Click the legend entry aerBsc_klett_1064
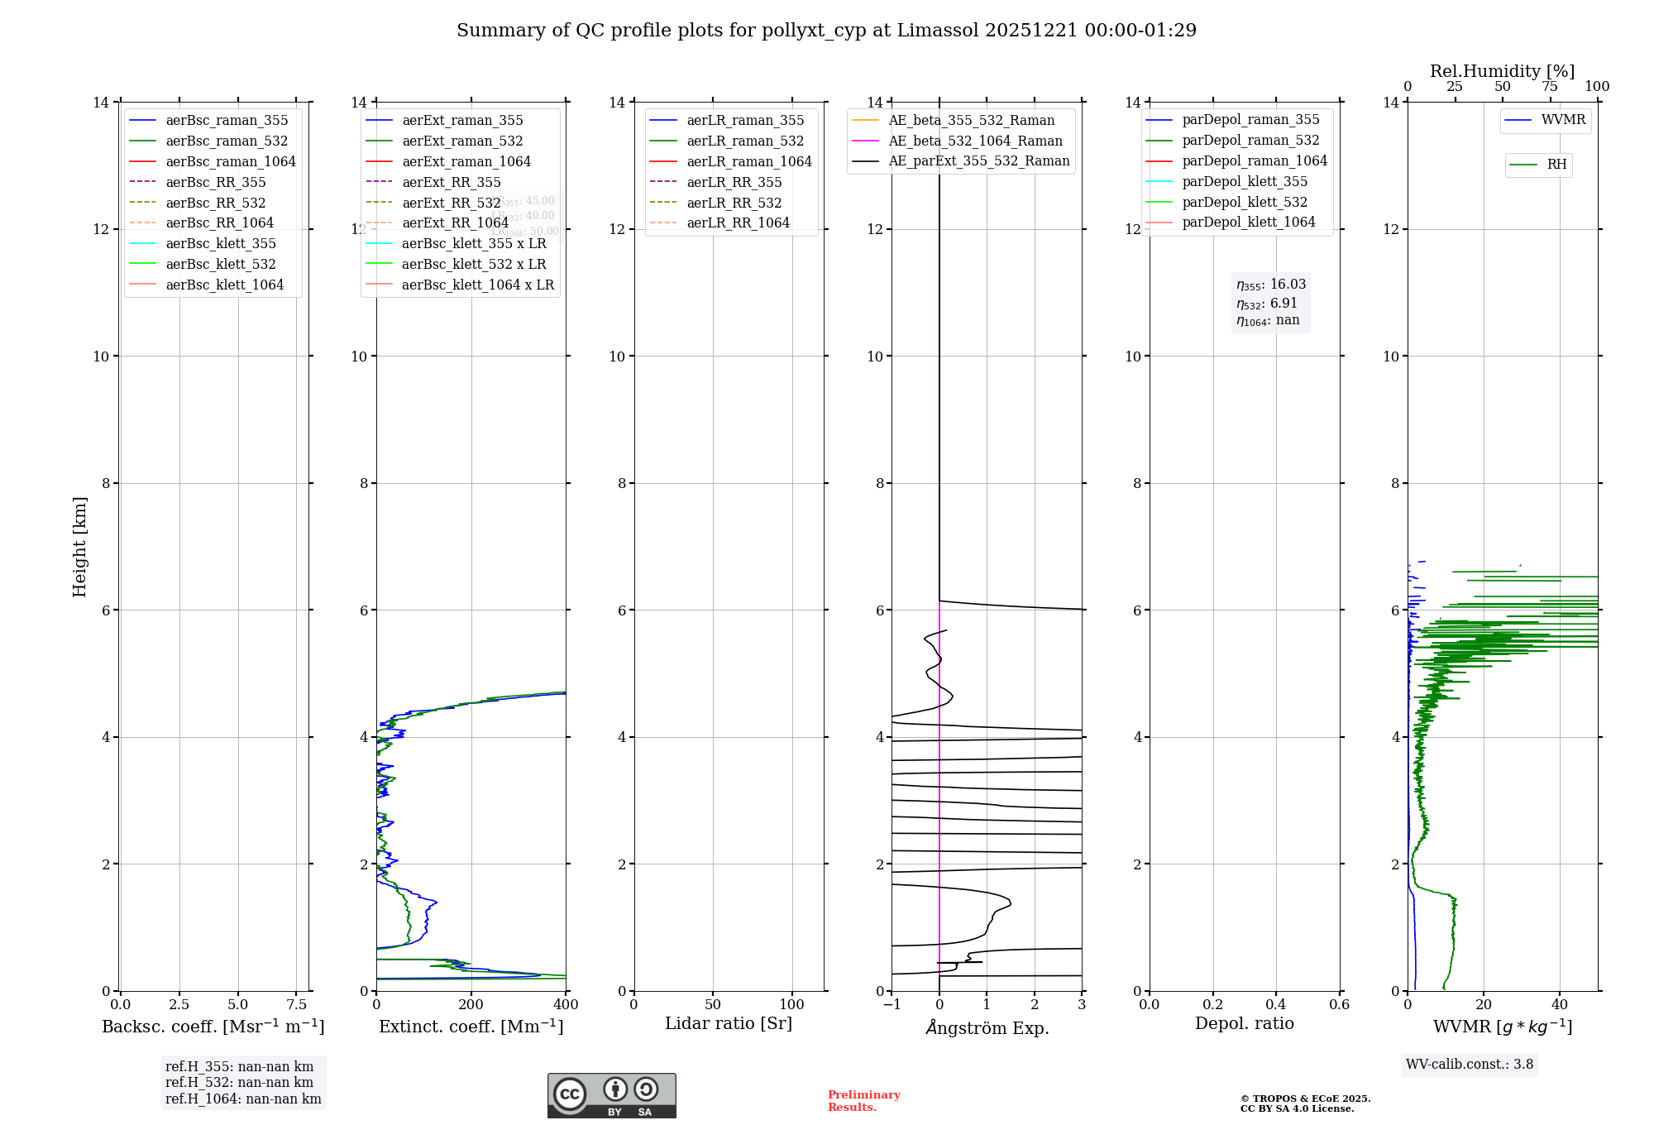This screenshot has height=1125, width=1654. pos(224,285)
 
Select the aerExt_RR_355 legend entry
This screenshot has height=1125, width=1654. pos(451,182)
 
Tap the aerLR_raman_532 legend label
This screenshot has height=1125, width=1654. pos(744,141)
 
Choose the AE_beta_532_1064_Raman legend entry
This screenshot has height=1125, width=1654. pos(975,141)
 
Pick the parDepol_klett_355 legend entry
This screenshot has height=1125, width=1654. pos(1245,181)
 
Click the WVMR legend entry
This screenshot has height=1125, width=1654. pos(1563,120)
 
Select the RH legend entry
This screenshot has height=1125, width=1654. pos(1556,165)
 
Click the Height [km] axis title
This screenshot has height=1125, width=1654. pos(79,546)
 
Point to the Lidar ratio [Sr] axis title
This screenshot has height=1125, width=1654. pos(728,1023)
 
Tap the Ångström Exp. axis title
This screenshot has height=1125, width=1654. pos(987,1027)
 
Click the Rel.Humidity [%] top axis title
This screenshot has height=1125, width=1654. pos(1502,71)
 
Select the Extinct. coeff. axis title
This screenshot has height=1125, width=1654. pos(471,1027)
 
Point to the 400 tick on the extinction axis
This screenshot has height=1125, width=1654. pos(566,1005)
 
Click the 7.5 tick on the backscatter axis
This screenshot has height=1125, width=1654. pos(297,1005)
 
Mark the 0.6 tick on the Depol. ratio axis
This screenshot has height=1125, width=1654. pos(1339,1005)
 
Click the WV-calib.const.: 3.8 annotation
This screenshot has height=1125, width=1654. pos(1469,1065)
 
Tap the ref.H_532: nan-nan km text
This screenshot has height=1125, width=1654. pos(239,1083)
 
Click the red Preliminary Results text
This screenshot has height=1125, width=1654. pos(863,1101)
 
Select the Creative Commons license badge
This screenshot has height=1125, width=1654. pos(611,1095)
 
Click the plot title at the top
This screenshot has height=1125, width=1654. pos(826,31)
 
